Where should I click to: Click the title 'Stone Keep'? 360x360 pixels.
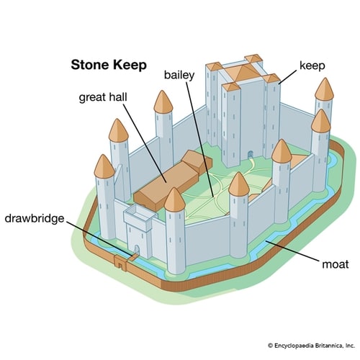click(108, 64)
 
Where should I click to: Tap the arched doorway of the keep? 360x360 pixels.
click(250, 153)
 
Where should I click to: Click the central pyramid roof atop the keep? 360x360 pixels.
click(244, 68)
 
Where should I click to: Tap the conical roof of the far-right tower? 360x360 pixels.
click(325, 89)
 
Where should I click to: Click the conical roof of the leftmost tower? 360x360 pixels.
click(104, 166)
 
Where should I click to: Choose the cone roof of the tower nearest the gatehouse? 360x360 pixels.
click(175, 199)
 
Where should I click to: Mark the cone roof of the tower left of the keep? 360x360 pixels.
click(163, 102)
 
